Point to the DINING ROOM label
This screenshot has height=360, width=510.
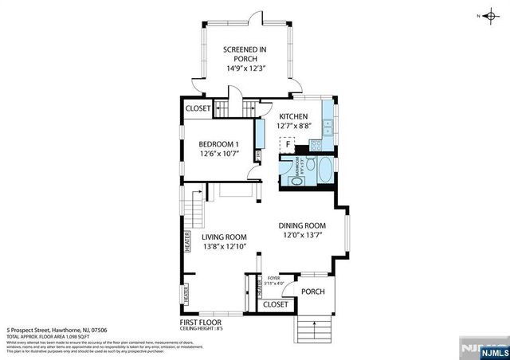tap(302, 225)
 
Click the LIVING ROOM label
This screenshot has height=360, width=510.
tap(224, 237)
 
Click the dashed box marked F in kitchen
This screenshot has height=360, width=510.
tap(287, 144)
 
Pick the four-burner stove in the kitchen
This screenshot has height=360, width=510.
tap(315, 144)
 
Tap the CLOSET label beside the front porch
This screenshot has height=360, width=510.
tap(275, 304)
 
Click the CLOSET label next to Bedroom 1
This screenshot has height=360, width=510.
tap(198, 108)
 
